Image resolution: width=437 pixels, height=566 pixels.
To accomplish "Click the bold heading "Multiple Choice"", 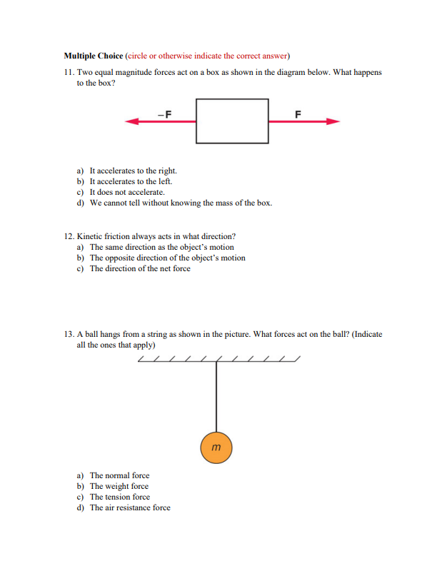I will click(93, 56).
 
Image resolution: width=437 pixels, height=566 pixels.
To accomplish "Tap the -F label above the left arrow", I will click(164, 113).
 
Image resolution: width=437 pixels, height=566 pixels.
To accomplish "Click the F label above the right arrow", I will click(298, 113).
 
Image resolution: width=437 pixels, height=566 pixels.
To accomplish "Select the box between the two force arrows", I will click(232, 121).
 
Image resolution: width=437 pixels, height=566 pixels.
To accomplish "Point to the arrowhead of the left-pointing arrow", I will click(131, 122).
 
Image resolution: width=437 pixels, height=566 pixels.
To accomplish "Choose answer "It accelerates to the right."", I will click(133, 171).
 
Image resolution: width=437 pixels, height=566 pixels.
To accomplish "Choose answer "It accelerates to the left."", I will click(131, 182).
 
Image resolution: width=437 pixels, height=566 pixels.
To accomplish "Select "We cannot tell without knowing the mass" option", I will click(180, 203).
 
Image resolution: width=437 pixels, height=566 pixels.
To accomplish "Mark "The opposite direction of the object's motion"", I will click(167, 258).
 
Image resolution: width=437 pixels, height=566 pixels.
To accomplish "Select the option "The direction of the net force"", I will click(140, 268).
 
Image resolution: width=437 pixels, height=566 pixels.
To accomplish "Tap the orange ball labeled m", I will click(216, 448).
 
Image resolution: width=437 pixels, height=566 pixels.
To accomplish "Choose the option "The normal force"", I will click(119, 475).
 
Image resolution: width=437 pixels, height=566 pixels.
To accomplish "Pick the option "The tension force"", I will click(119, 497).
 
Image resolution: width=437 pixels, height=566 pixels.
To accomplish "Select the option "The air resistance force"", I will click(130, 507).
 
